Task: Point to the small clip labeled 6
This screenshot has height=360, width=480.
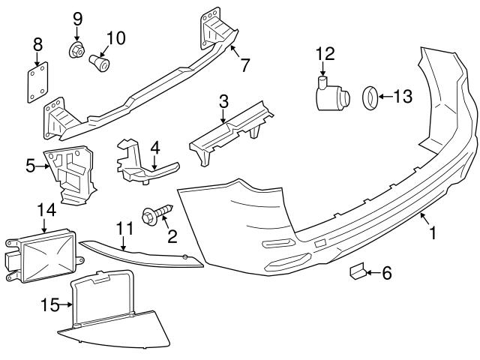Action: click(x=357, y=271)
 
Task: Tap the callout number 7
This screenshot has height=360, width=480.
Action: click(x=244, y=65)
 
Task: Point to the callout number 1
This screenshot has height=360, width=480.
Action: click(x=432, y=233)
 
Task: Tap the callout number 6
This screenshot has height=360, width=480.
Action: click(x=386, y=274)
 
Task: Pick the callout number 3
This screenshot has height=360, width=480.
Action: click(x=223, y=98)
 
